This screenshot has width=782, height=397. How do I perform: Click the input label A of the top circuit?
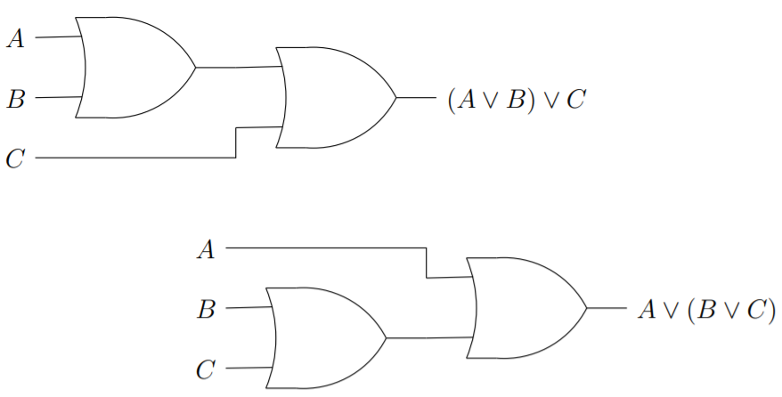coord(15,38)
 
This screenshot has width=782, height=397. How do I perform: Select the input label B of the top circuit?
coord(15,98)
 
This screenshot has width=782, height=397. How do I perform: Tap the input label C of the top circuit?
coord(15,158)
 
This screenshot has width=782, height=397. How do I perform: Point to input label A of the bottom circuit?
coord(206,250)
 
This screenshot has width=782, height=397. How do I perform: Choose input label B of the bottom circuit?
coord(207,310)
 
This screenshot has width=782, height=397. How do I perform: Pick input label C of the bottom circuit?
coord(206,369)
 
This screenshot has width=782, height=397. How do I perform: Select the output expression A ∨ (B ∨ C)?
coord(707,310)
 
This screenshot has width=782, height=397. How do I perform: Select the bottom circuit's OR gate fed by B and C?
coord(326,337)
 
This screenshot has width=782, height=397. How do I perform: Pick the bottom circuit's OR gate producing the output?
coord(525,308)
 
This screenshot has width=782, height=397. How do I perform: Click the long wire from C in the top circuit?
coord(134,158)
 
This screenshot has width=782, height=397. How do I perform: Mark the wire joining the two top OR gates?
coord(237,67)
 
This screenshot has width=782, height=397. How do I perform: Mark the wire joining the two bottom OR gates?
coord(428,337)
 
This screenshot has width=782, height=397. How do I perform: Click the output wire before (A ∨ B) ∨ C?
coord(415,98)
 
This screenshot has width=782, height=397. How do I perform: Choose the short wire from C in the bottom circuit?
coord(249,368)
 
